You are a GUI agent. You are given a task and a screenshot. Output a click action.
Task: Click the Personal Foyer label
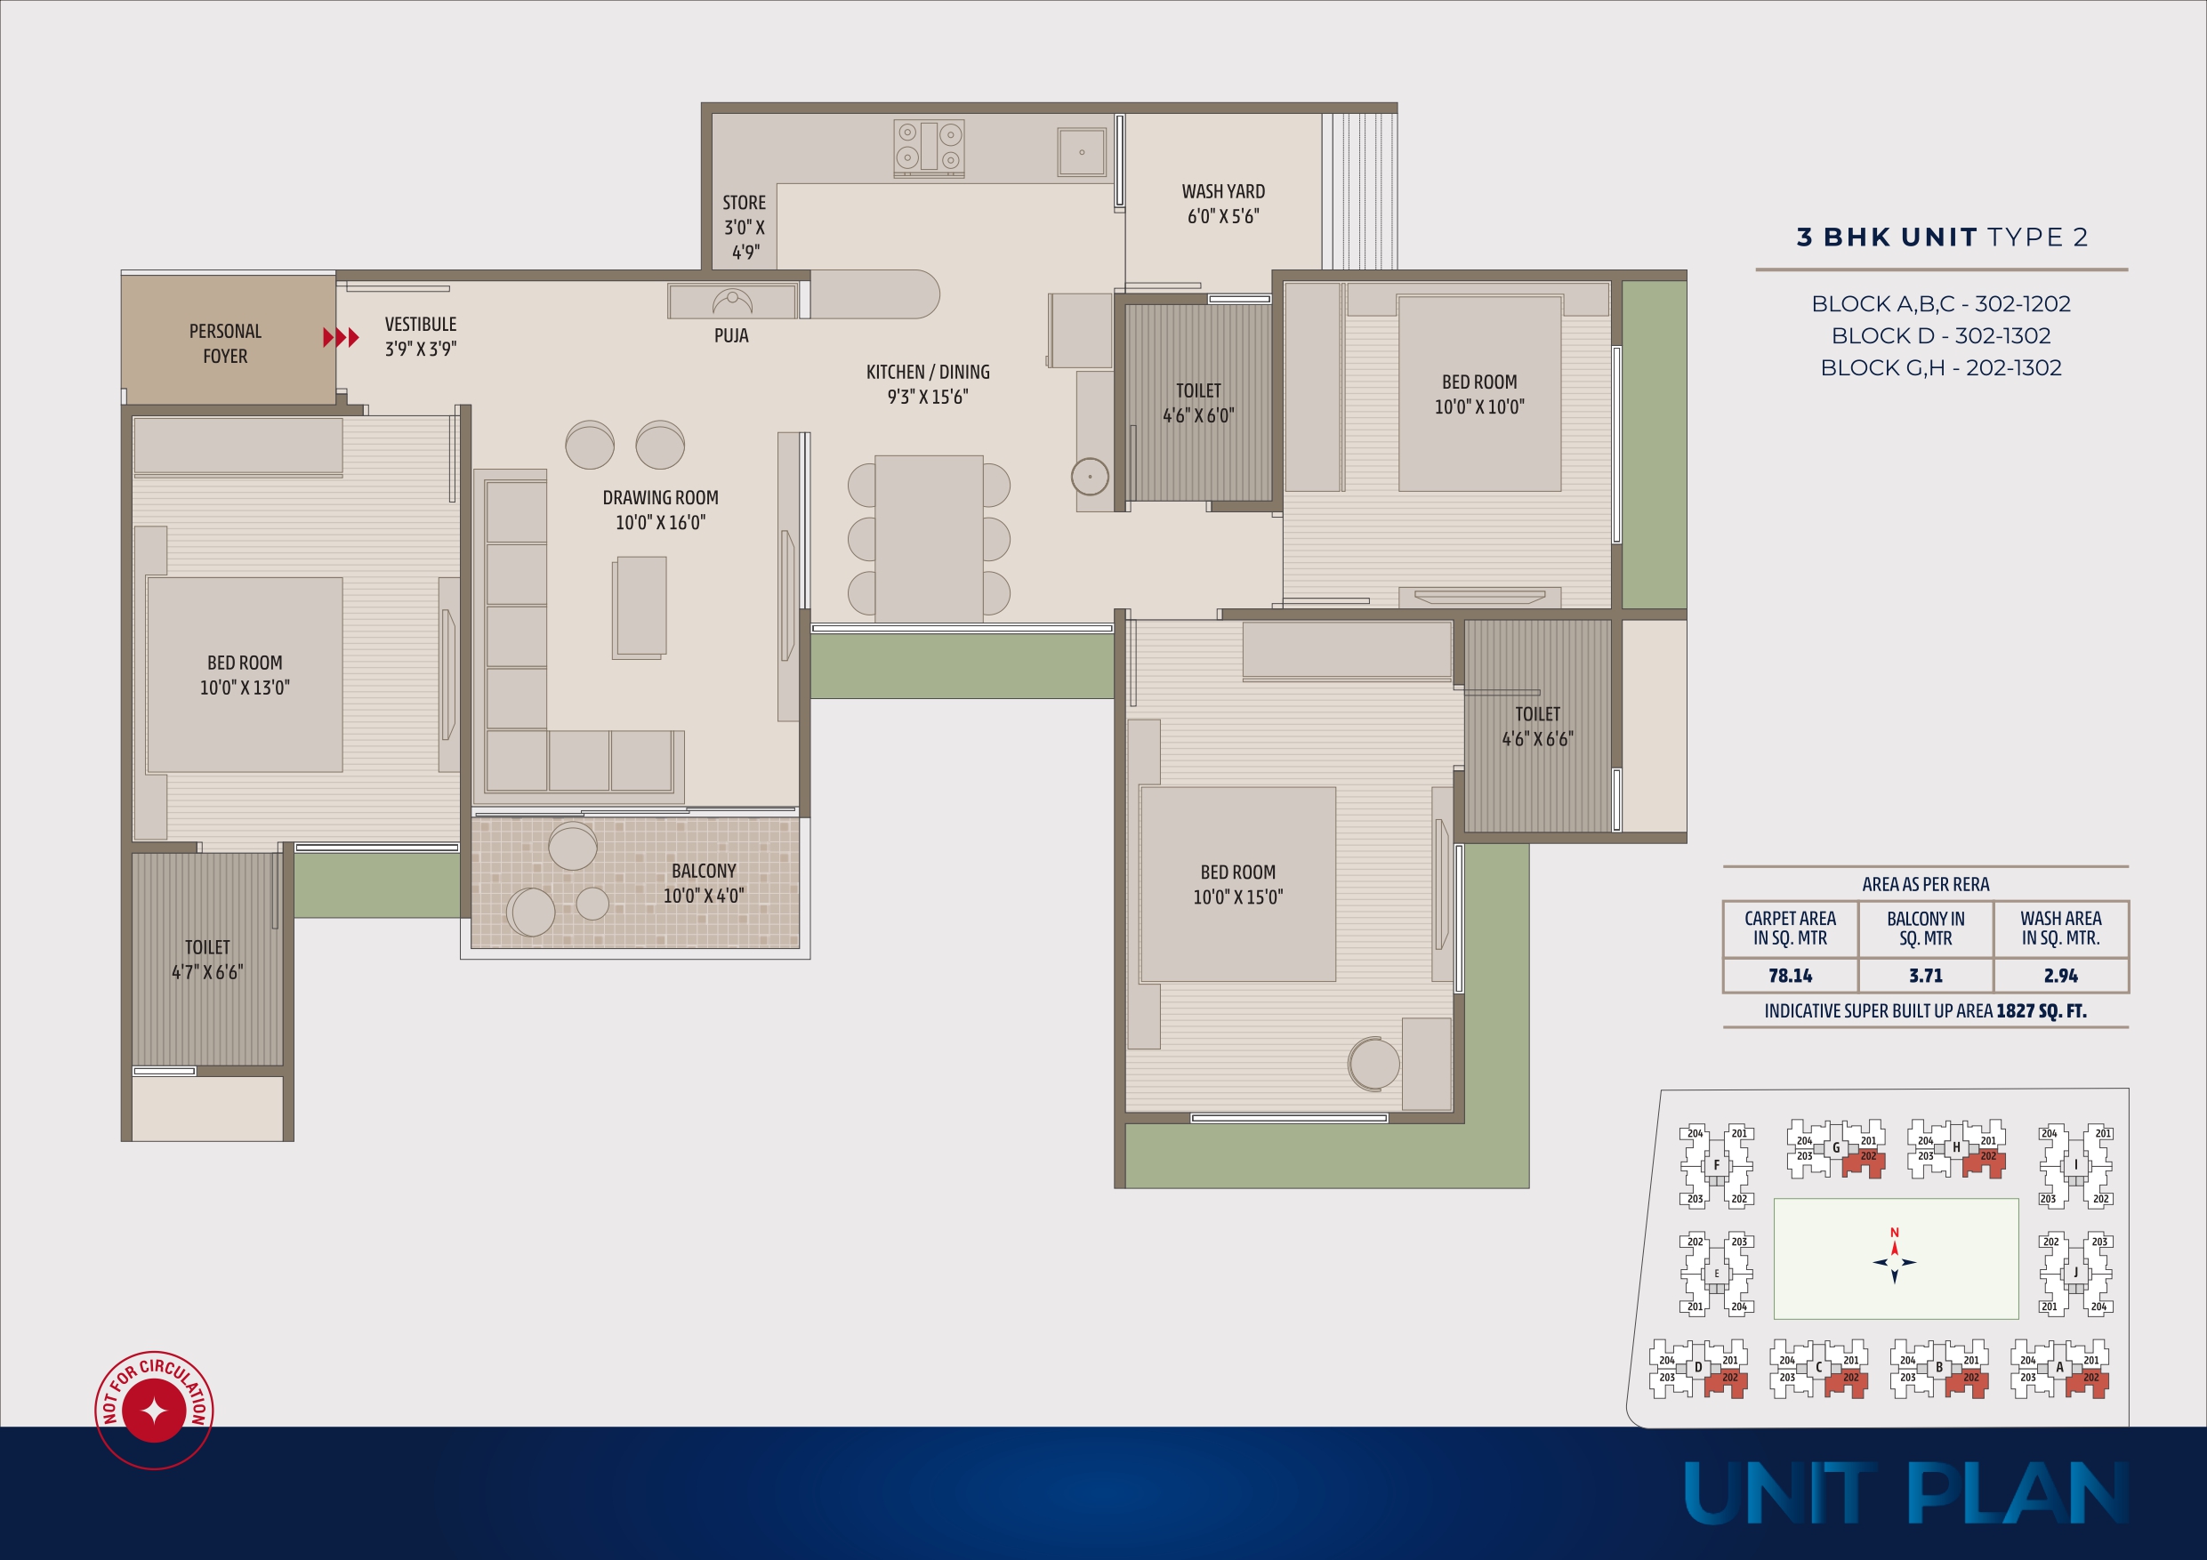[225, 343]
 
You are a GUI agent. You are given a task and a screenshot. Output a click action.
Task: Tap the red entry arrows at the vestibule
[342, 337]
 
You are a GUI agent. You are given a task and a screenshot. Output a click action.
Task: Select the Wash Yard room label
[1222, 204]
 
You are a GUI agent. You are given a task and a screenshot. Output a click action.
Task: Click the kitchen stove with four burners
[929, 147]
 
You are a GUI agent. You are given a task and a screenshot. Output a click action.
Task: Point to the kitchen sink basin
[1082, 152]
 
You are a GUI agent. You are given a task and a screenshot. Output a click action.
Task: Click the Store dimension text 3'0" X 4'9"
[745, 240]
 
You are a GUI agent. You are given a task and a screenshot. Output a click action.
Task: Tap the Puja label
[731, 335]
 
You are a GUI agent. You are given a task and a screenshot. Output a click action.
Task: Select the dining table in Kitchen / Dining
[929, 538]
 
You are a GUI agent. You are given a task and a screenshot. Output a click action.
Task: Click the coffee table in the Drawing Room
[640, 607]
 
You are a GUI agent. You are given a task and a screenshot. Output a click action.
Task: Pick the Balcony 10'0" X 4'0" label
[704, 883]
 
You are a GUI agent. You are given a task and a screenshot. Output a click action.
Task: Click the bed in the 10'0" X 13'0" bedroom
[244, 675]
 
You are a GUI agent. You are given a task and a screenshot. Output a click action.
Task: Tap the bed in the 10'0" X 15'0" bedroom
[1238, 884]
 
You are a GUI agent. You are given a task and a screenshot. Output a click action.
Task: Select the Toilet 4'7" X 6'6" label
[207, 960]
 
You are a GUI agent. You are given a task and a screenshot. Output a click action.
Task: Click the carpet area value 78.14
[1790, 976]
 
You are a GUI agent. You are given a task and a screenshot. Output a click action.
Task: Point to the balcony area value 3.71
[1925, 976]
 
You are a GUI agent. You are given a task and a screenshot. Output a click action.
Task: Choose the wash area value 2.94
[2061, 976]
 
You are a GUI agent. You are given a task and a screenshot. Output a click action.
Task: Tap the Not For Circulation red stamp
[154, 1410]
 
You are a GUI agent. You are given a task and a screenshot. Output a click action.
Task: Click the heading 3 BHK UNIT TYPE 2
[1943, 237]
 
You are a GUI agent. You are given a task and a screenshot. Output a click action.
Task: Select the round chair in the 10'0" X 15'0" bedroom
[1374, 1064]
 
